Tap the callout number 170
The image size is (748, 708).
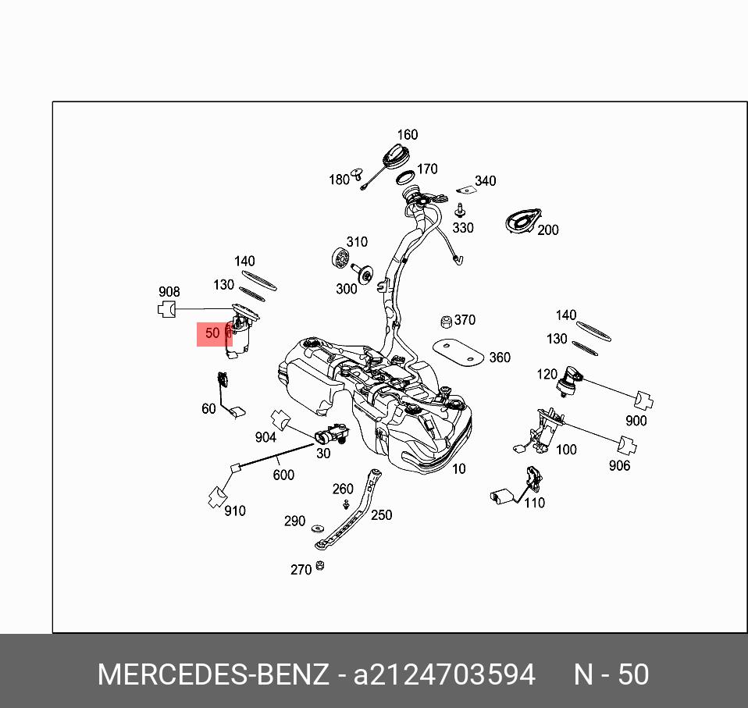click(x=427, y=169)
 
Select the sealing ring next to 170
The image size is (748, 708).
click(x=404, y=178)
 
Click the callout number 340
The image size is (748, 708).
click(x=485, y=180)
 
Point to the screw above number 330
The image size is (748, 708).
click(x=460, y=210)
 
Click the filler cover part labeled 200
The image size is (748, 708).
click(x=522, y=220)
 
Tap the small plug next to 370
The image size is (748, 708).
click(x=447, y=322)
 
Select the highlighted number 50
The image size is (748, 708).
click(x=212, y=333)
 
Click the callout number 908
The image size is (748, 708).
click(x=169, y=291)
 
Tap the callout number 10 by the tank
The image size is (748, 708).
click(x=458, y=468)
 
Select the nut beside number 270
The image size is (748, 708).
click(x=320, y=566)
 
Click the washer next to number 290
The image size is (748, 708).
click(x=318, y=528)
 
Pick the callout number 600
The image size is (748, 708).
click(x=283, y=475)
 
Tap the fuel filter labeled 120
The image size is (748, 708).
click(x=568, y=381)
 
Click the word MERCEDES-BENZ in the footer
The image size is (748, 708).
click(x=213, y=674)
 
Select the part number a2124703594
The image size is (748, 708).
click(x=444, y=674)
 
